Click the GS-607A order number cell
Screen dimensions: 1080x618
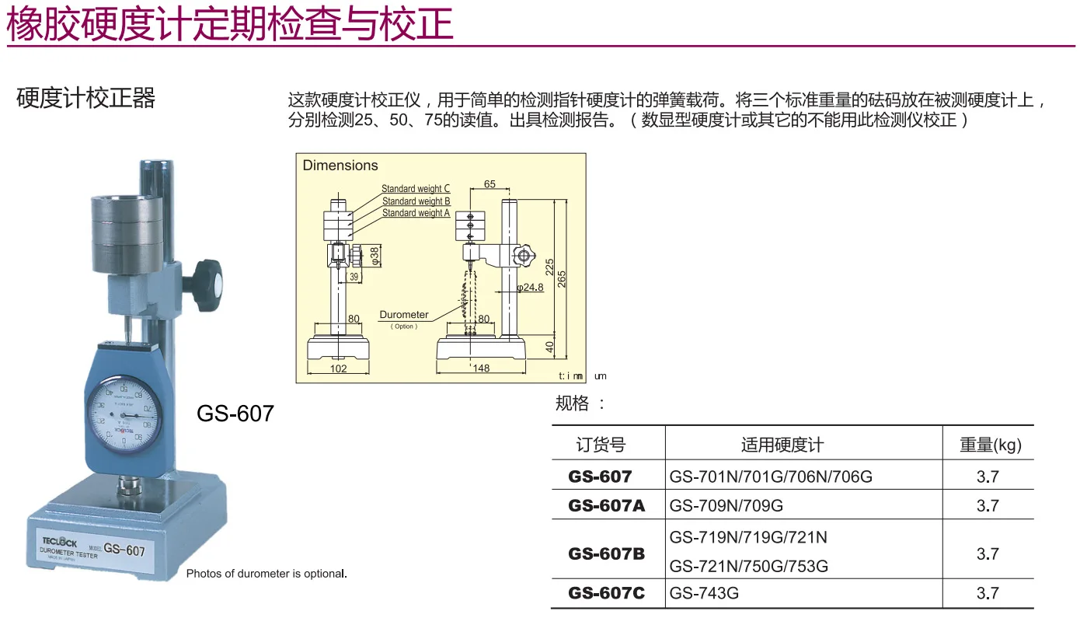(x=607, y=505)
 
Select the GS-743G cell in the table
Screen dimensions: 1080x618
(x=704, y=593)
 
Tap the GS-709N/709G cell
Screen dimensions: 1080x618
(x=726, y=505)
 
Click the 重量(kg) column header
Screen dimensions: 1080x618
(x=990, y=445)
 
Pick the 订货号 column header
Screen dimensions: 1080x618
(x=601, y=445)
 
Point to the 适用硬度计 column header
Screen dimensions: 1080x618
(x=782, y=445)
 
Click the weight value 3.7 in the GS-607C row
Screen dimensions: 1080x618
(x=988, y=593)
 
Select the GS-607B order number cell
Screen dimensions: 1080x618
(x=607, y=553)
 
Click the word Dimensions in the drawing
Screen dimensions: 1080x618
(x=340, y=166)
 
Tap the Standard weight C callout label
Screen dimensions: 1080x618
(x=416, y=189)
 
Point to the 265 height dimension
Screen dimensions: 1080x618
(x=562, y=278)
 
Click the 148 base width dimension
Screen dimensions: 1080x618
(x=482, y=368)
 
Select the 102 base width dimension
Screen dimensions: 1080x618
(x=339, y=368)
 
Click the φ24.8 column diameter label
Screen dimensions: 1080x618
(x=530, y=288)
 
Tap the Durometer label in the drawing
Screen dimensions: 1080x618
(x=404, y=315)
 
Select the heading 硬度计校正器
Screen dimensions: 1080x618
(x=86, y=99)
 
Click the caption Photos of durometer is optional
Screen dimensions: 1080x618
(x=267, y=574)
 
